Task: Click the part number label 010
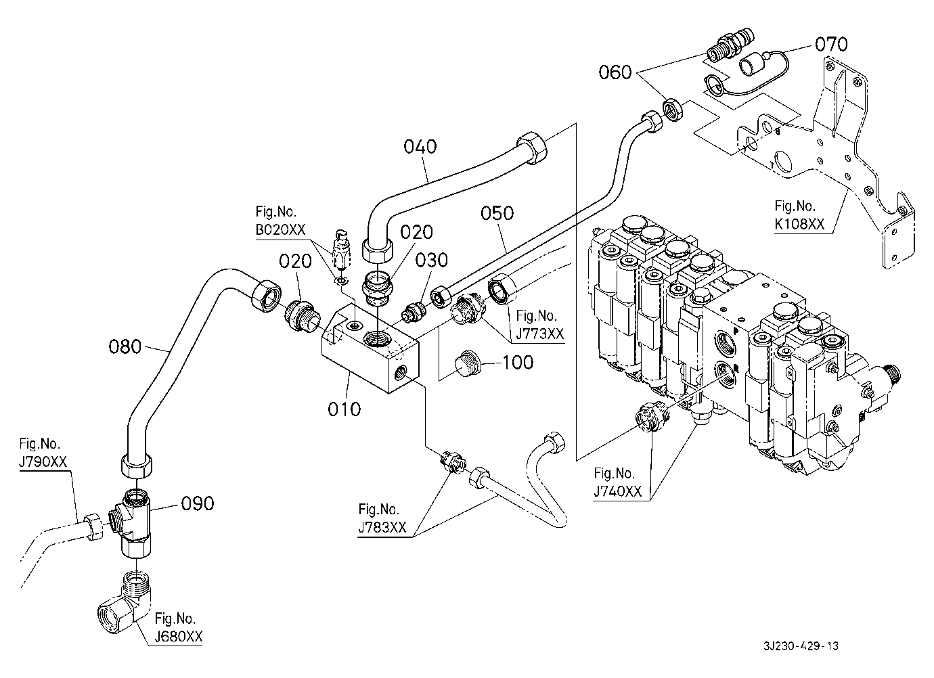pyautogui.click(x=345, y=409)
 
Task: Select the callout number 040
pyautogui.click(x=420, y=147)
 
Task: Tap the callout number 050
pyautogui.click(x=497, y=213)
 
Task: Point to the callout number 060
pyautogui.click(x=615, y=72)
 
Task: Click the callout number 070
pyautogui.click(x=830, y=45)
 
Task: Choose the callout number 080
pyautogui.click(x=125, y=347)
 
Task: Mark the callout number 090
pyautogui.click(x=197, y=503)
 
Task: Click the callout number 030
pyautogui.click(x=432, y=261)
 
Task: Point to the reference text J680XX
pyautogui.click(x=178, y=637)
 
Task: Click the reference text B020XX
pyautogui.click(x=280, y=229)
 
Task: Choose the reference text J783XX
pyautogui.click(x=382, y=528)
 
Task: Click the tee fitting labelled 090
pyautogui.click(x=136, y=522)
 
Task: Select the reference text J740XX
pyautogui.click(x=617, y=491)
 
